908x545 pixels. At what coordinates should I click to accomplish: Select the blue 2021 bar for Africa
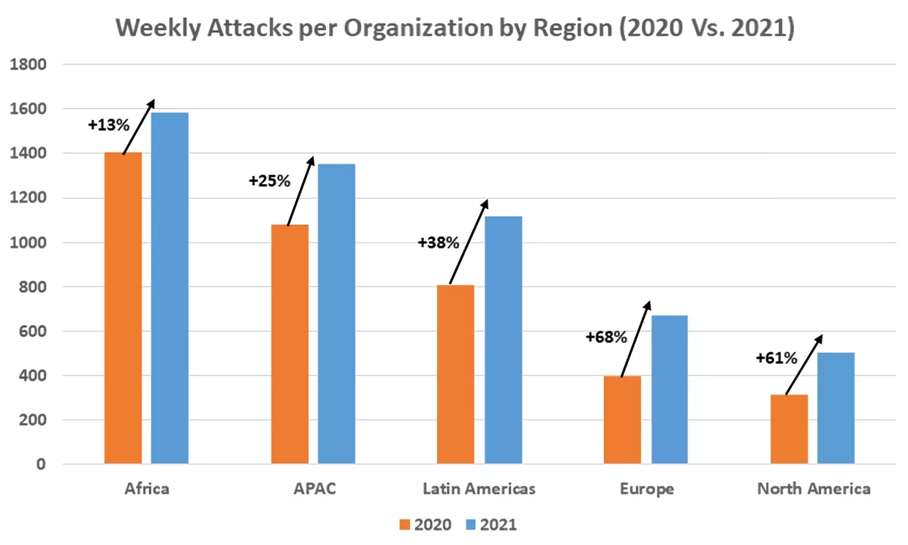170,289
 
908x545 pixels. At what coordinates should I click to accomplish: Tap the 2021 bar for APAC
336,314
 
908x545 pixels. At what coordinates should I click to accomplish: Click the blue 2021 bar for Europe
670,390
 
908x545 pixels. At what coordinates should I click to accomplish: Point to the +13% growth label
108,125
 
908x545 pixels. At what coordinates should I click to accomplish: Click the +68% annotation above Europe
606,337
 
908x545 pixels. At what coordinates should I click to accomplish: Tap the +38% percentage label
439,243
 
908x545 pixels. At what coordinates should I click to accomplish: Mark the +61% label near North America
776,358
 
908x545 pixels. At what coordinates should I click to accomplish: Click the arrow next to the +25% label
300,191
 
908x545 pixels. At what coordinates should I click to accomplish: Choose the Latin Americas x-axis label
479,489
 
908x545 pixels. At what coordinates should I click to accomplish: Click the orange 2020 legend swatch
405,525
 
